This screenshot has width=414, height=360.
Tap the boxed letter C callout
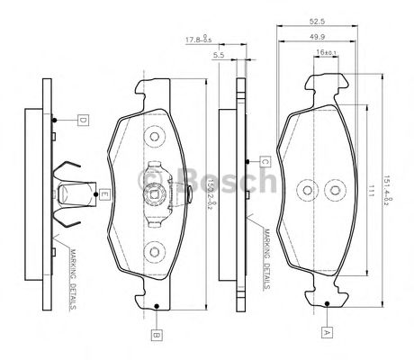pos(265,161)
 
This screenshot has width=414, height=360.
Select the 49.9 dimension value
pos(317,37)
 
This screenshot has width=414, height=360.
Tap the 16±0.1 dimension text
pos(326,54)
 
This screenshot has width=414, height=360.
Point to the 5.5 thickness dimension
pos(219,56)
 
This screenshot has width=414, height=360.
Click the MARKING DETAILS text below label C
pos(267,259)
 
